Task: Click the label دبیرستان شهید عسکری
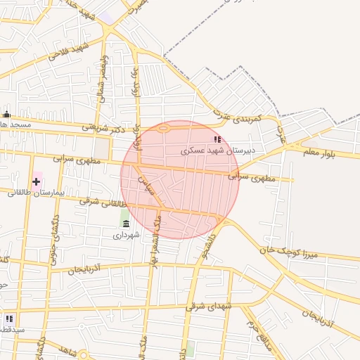[217, 150]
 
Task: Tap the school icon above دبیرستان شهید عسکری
[217, 140]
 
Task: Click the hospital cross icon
[37, 181]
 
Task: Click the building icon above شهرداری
[126, 224]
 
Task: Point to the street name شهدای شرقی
[209, 307]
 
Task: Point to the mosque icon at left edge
[7, 115]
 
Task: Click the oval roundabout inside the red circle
[163, 129]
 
